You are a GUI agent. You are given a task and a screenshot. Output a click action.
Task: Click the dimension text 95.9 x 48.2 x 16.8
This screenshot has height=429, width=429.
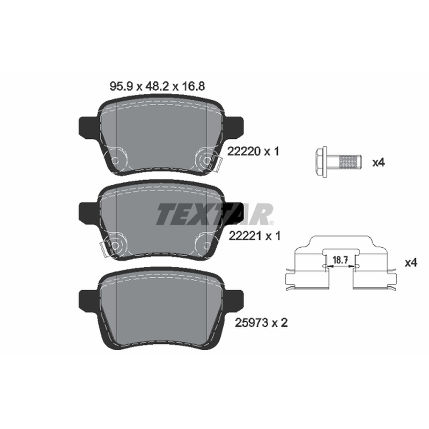tap(157, 86)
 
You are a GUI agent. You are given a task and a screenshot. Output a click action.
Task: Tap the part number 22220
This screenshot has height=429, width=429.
tap(245, 151)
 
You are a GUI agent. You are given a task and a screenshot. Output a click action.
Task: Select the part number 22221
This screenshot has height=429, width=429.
tap(245, 236)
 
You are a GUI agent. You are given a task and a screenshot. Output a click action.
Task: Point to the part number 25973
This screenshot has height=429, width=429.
tap(252, 323)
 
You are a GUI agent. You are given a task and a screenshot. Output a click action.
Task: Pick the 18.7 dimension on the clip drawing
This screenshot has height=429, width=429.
tap(340, 260)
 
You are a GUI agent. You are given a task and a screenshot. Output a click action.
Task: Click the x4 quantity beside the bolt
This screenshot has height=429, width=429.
tap(379, 163)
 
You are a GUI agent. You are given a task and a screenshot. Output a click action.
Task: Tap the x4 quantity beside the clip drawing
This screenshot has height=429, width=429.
tap(411, 263)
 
